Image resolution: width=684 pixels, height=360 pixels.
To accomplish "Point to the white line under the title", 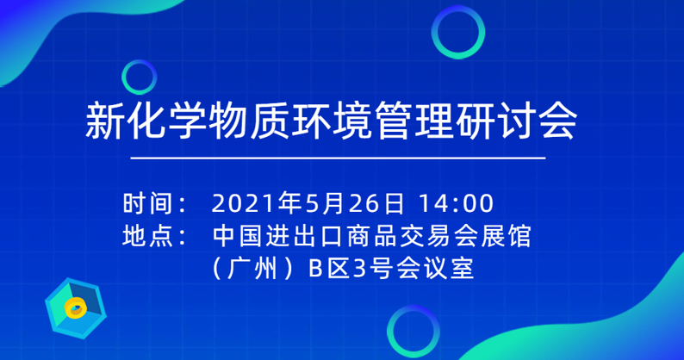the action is [338, 158].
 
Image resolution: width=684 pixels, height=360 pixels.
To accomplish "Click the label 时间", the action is [148, 203].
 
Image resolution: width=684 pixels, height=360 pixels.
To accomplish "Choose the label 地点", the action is [148, 236].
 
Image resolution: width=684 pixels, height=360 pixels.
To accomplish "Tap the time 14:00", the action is [456, 204].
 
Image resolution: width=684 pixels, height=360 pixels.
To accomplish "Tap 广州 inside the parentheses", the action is [252, 268].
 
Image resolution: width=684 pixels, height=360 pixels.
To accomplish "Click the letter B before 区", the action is [315, 269].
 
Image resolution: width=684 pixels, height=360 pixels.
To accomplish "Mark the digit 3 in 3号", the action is [359, 269].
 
